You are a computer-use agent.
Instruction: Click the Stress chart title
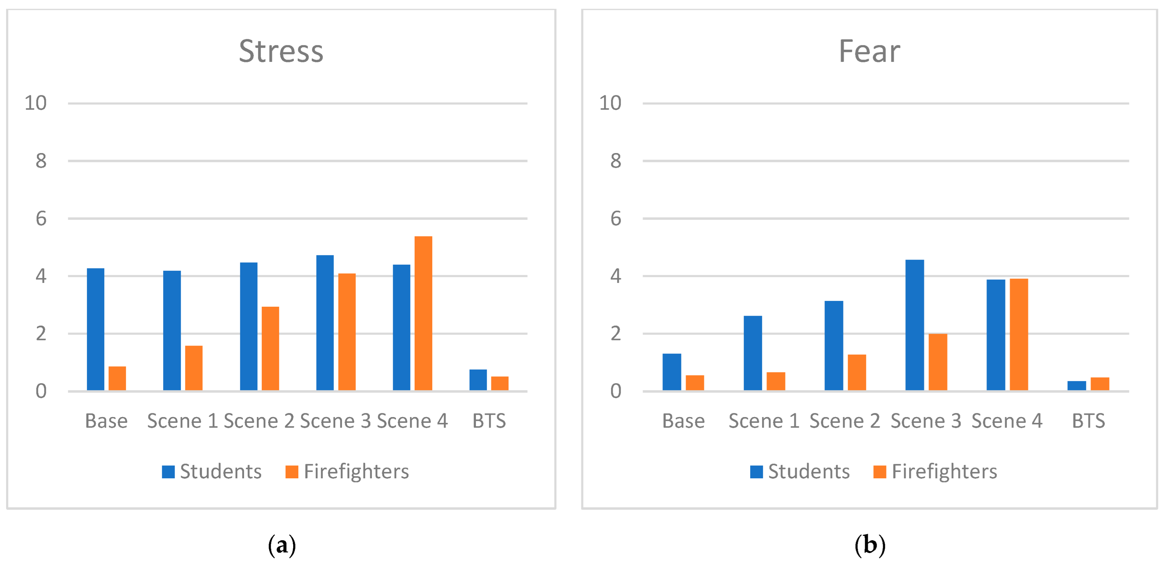coord(281,51)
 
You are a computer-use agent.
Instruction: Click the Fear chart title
coord(869,51)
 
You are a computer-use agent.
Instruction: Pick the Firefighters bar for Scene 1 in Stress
coord(194,368)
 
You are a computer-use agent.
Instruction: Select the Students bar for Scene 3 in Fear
coord(915,325)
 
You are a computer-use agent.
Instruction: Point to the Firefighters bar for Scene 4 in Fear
coord(1019,334)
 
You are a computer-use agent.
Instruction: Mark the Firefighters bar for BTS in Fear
coord(1099,384)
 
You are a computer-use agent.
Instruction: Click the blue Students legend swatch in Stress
coord(168,472)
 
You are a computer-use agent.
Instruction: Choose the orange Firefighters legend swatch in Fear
coord(879,472)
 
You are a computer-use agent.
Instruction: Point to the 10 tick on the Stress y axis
coord(35,104)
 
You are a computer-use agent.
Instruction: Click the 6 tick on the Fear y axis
coord(616,219)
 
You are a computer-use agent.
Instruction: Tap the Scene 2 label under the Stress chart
coord(259,421)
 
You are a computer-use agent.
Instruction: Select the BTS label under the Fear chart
coord(1088,421)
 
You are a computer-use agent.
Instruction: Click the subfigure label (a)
coord(282,545)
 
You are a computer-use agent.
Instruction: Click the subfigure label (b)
coord(869,545)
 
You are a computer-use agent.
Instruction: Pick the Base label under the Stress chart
coord(106,421)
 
